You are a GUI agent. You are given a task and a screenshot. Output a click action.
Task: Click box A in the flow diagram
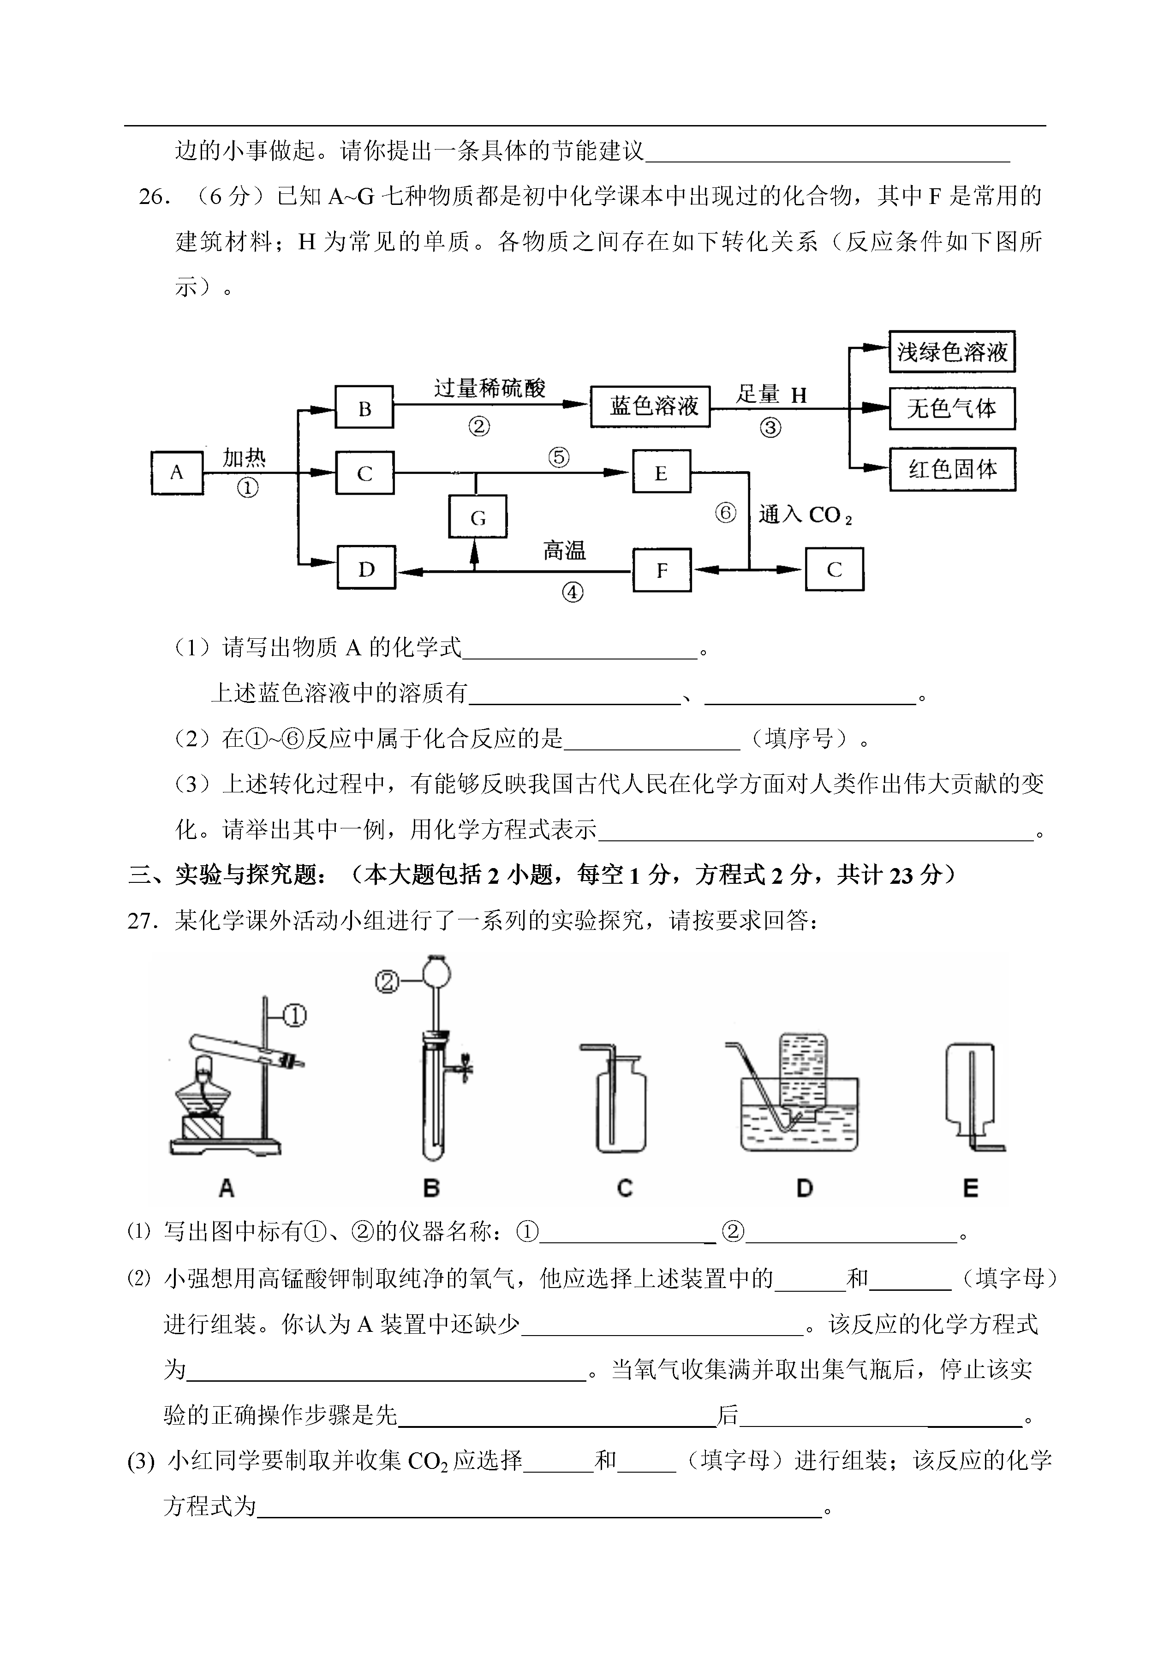[x=177, y=473]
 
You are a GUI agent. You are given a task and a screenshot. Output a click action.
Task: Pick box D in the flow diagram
[x=366, y=568]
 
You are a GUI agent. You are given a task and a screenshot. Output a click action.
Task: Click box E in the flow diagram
[x=662, y=472]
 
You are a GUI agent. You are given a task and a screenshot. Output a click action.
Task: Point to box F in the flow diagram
[x=662, y=570]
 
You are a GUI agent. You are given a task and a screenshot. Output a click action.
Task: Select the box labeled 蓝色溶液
[x=650, y=407]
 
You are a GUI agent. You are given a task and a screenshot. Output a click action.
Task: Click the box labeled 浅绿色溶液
[x=952, y=352]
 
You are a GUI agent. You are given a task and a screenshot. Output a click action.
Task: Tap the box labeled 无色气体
[x=952, y=408]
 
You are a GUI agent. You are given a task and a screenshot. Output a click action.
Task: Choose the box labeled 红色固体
[x=952, y=469]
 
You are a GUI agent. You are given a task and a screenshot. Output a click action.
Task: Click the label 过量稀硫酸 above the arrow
[x=490, y=389]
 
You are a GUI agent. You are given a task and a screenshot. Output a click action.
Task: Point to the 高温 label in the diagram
[x=564, y=551]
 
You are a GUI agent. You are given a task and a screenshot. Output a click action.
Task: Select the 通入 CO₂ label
[x=805, y=515]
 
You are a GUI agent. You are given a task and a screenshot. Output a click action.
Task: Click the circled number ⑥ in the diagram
[x=726, y=513]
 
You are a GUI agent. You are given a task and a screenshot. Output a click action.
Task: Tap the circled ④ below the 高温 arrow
[x=572, y=593]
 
